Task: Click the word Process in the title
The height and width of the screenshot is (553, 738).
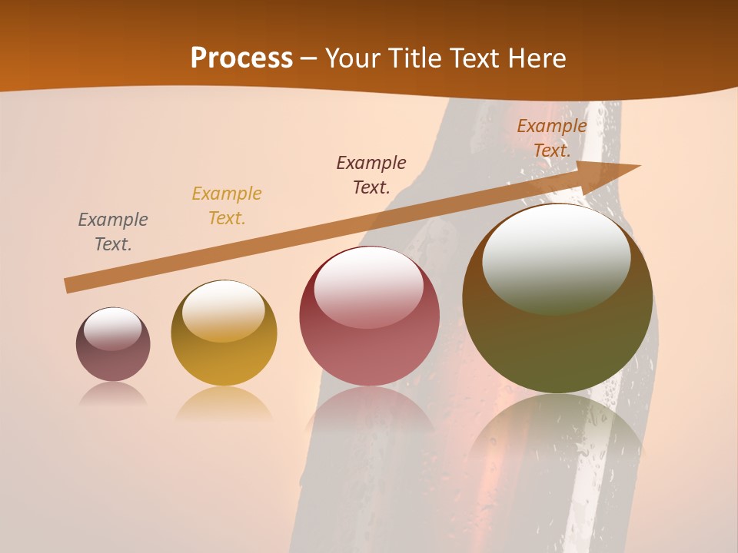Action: (x=241, y=58)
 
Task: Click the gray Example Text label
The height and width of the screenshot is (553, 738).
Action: (x=113, y=232)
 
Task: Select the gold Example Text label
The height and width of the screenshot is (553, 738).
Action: (x=227, y=206)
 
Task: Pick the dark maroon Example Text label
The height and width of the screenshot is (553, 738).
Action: (x=371, y=175)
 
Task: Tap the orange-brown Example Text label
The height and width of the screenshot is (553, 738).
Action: (x=551, y=138)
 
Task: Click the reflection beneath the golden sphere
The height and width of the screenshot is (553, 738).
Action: (x=224, y=403)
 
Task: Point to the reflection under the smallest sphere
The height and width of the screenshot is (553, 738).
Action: (x=113, y=394)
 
